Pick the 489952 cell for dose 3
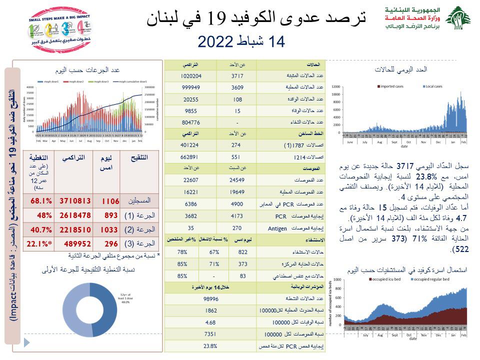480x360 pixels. coord(75,244)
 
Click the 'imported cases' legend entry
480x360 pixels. coord(393,86)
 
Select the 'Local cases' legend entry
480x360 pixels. coord(433,86)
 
